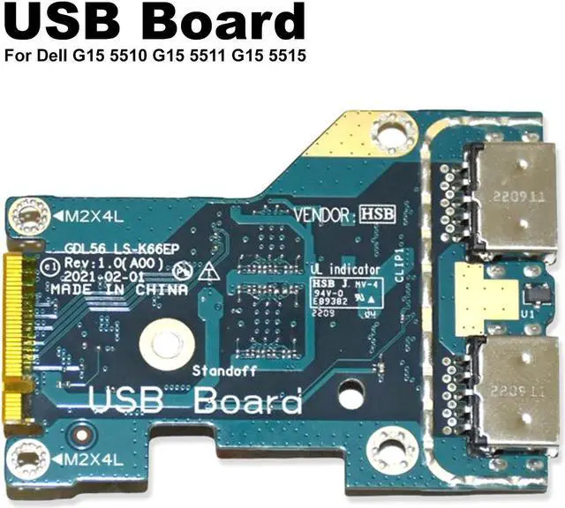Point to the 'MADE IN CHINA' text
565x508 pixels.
(118, 289)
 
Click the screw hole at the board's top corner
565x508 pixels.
(384, 133)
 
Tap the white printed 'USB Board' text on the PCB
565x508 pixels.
(195, 403)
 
